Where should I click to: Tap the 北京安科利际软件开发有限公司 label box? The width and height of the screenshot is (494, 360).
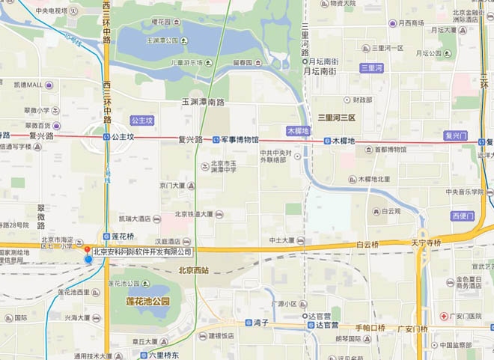tap(142, 252)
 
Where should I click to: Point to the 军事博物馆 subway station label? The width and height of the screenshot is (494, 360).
tap(239, 139)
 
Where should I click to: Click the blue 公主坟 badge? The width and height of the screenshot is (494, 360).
tap(141, 120)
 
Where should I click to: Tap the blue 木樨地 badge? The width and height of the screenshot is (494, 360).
tap(297, 130)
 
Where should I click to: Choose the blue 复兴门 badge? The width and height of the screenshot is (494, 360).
tap(455, 135)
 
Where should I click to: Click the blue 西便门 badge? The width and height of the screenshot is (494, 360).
tap(463, 216)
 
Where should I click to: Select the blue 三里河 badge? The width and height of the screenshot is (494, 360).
tap(371, 68)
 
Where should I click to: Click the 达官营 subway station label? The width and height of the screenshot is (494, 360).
tap(329, 326)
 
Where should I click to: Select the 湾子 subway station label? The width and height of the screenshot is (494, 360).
tap(261, 323)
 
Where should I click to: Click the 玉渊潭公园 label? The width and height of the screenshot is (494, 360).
tap(164, 40)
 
